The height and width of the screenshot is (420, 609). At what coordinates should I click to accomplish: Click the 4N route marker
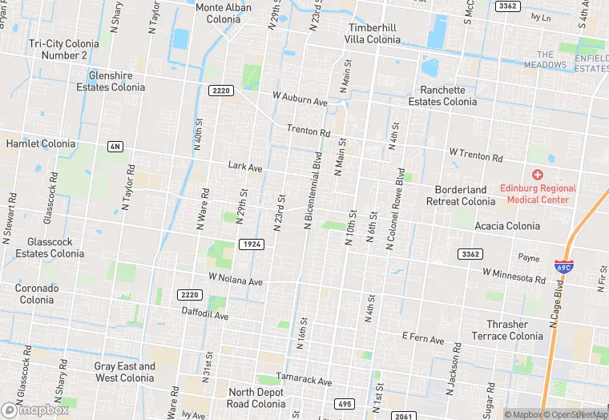116,146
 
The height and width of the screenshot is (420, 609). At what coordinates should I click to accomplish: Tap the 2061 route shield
404,416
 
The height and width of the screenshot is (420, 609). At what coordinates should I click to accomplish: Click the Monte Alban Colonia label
224,14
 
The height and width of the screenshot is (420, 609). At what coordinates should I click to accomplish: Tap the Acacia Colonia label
506,226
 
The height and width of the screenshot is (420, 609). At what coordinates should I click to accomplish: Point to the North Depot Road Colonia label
256,398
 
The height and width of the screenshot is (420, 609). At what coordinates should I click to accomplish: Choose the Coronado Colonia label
37,293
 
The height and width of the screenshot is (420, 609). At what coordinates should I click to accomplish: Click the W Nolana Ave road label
236,281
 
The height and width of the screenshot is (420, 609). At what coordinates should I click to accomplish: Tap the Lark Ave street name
245,168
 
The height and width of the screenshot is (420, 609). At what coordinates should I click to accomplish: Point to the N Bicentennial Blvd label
312,191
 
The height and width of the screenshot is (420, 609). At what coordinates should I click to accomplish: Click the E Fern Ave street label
422,340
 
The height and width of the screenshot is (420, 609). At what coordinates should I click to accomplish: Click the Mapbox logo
36,410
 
